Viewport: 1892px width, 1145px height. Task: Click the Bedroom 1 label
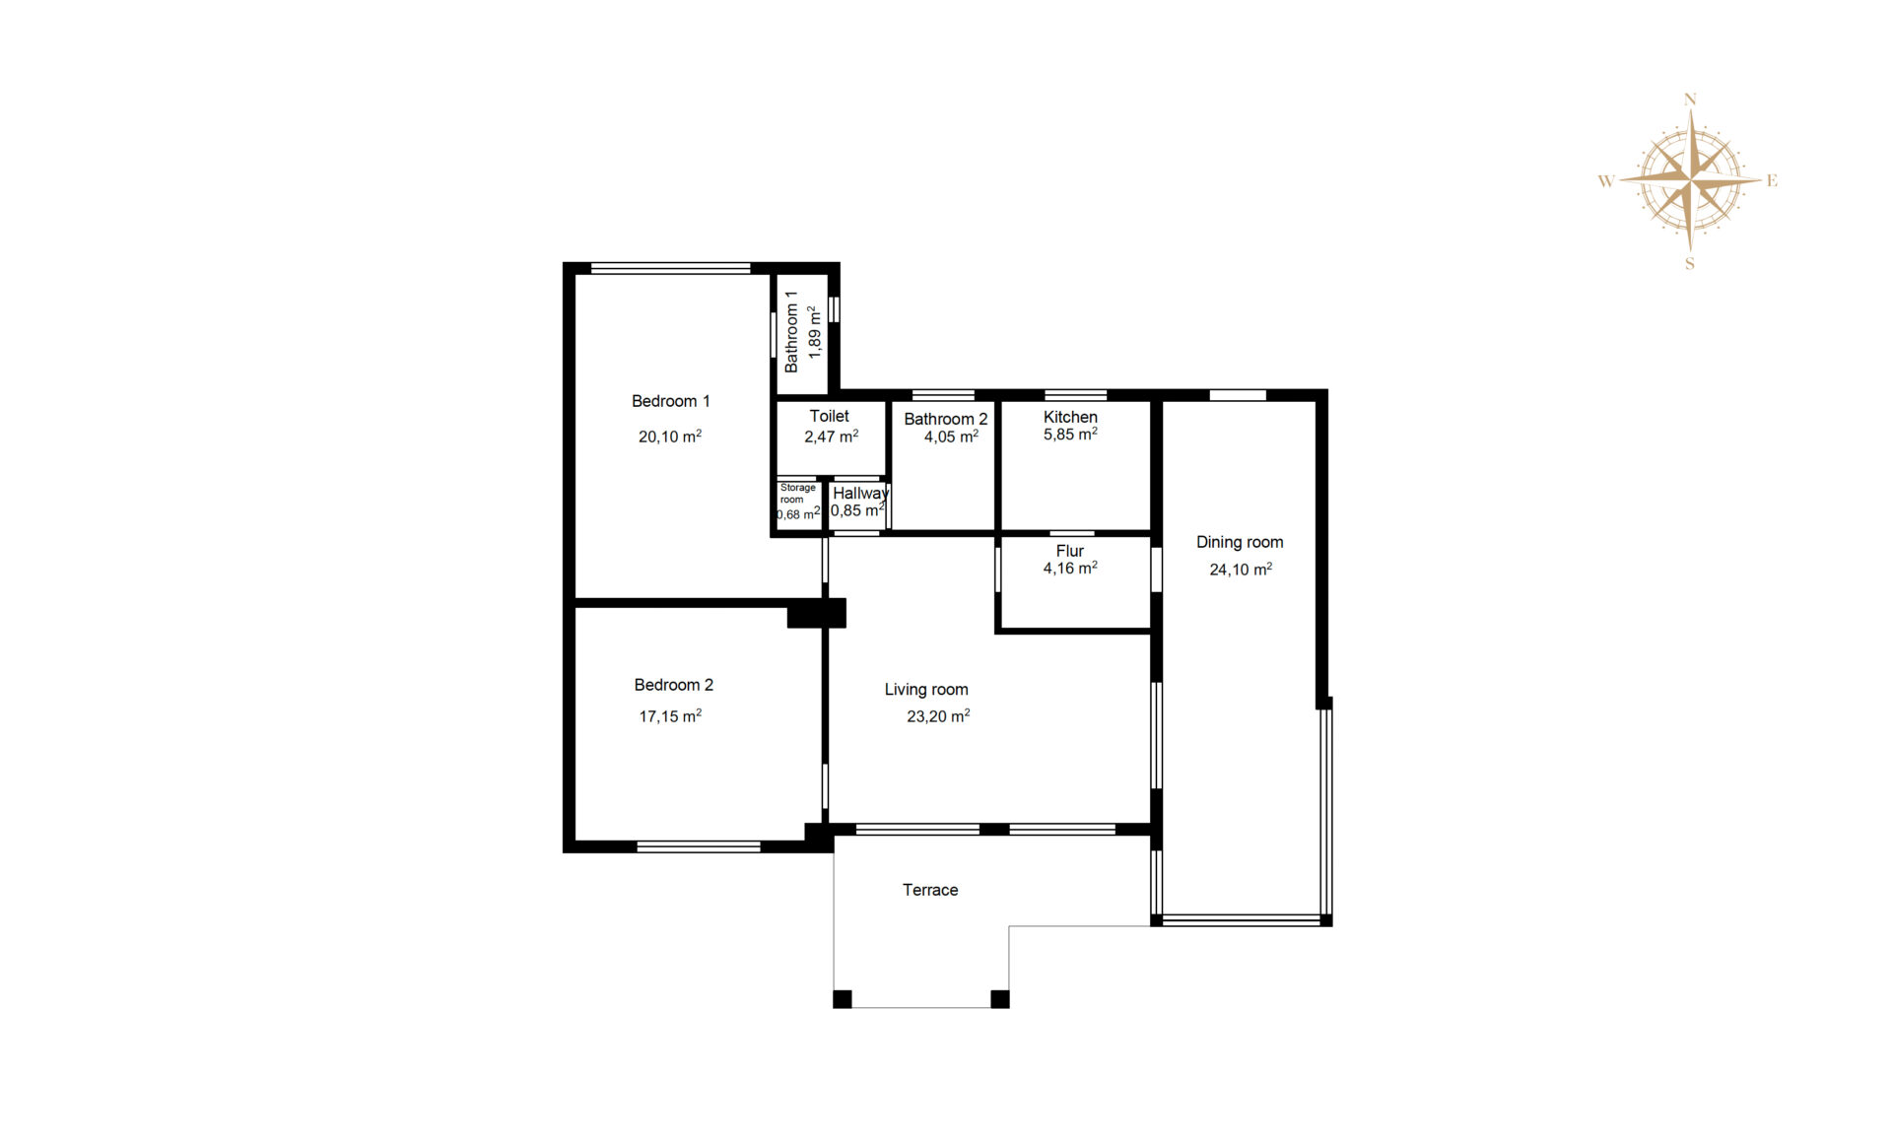pos(670,401)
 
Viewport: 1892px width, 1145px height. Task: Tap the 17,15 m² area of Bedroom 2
pos(670,716)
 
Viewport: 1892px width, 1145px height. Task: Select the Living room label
pos(926,690)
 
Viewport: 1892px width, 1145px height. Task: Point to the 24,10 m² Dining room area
pos(1241,570)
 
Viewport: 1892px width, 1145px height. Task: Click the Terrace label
pos(930,890)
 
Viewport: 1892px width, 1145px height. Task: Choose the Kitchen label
pos(1070,417)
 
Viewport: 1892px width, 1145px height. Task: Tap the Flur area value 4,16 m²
pos(1070,569)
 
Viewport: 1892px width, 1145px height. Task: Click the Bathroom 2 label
pos(945,419)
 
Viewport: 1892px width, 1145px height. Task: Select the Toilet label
pos(830,416)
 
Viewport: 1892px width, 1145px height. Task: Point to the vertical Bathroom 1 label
pos(790,331)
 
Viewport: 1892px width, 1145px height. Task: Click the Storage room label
pos(797,493)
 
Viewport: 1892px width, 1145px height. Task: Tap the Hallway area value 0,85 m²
pos(858,510)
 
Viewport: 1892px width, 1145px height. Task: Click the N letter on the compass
pos(1690,100)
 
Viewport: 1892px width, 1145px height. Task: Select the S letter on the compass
pos(1690,263)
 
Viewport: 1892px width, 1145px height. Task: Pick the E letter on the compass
pos(1772,180)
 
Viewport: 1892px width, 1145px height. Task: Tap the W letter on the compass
pos(1606,180)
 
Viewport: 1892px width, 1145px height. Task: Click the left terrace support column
pos(843,999)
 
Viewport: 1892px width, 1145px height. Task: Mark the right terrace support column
pos(1000,999)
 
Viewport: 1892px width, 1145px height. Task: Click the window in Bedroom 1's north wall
pos(671,268)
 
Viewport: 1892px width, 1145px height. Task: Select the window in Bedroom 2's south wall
pos(699,846)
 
